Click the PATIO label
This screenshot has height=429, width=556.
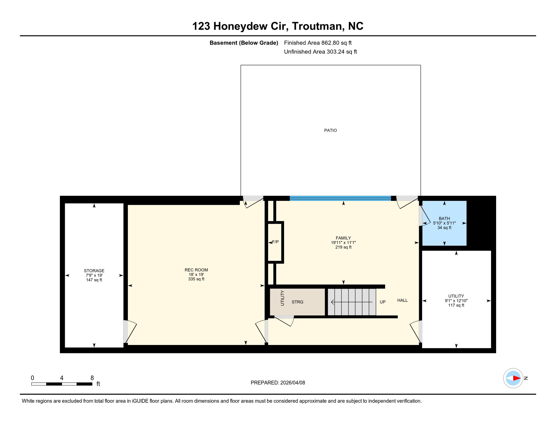point(330,130)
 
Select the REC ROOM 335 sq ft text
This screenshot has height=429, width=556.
point(196,279)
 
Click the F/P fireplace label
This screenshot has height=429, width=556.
point(275,242)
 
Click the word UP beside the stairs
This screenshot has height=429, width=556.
point(382,302)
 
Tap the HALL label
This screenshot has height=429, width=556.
point(402,300)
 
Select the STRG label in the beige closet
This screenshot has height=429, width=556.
point(297,302)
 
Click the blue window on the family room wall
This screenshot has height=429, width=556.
point(340,198)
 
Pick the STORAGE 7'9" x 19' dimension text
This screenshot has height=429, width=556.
point(94,275)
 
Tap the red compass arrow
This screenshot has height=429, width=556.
point(516,378)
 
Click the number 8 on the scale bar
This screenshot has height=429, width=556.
point(92,378)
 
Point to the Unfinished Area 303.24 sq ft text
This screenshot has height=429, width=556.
point(320,52)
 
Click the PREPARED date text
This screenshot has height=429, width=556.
point(278,383)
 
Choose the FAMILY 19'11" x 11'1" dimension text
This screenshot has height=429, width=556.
point(343,243)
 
